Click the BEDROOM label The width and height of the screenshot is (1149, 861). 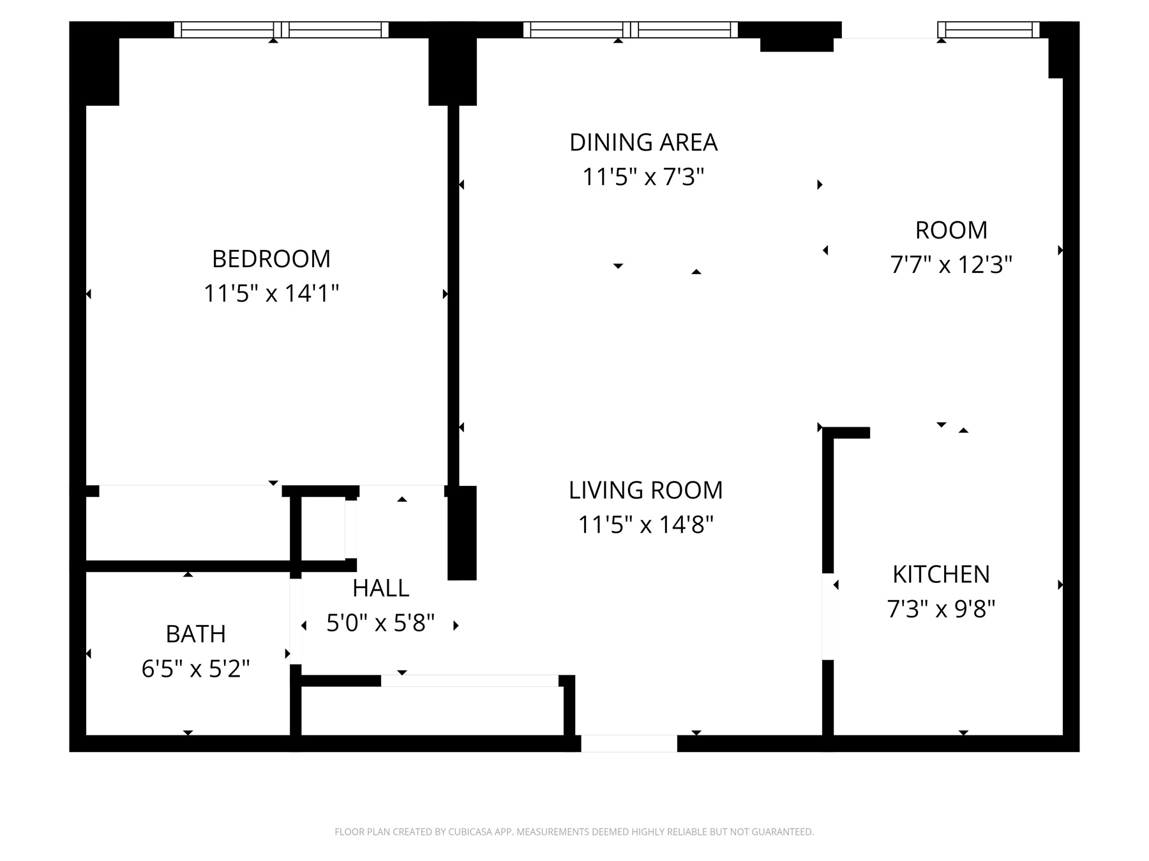(x=271, y=259)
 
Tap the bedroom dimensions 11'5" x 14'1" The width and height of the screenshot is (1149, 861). (x=271, y=294)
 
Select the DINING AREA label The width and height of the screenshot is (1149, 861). (x=643, y=142)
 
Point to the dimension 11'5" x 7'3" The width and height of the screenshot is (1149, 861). (x=643, y=177)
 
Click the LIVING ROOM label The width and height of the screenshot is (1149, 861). (x=645, y=490)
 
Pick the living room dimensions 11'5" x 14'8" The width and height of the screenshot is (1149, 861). (x=645, y=525)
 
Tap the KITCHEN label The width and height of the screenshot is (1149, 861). (x=941, y=575)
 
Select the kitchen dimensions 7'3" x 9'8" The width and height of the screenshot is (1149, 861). (x=941, y=609)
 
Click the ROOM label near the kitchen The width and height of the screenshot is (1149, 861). (x=951, y=230)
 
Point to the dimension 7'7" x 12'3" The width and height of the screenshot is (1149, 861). (x=951, y=264)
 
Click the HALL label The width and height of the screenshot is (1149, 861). (x=381, y=589)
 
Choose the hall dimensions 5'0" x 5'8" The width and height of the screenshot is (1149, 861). (x=381, y=623)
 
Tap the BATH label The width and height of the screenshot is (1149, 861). (x=195, y=635)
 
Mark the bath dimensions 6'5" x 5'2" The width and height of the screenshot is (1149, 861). (x=195, y=669)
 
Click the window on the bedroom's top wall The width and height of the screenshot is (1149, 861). (x=281, y=30)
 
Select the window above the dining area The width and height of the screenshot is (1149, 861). (x=630, y=30)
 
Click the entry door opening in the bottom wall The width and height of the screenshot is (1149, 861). (x=629, y=744)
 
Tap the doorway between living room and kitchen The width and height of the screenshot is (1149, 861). (x=828, y=617)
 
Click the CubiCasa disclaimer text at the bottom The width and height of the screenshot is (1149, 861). (x=574, y=832)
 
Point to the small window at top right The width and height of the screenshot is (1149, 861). (x=988, y=30)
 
